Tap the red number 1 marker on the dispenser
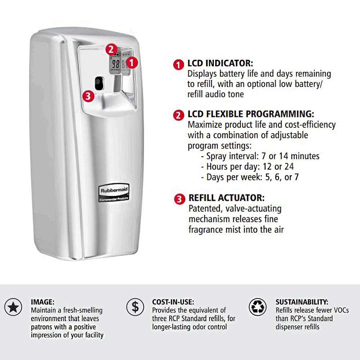coord(132,62)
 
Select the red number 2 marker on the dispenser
coord(112,50)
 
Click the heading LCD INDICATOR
coord(220,64)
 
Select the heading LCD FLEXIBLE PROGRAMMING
coord(251,114)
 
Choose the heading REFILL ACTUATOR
coord(226,198)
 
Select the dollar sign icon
coord(135,307)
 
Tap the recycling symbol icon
coord(258,307)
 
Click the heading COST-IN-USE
coord(173,302)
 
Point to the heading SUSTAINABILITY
coord(302,302)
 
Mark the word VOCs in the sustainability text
coord(340,310)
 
